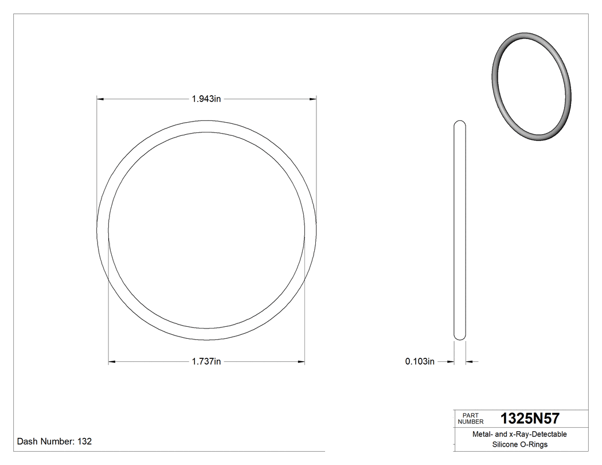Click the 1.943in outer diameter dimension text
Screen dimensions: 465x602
click(206, 99)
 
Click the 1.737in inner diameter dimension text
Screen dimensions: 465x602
click(206, 362)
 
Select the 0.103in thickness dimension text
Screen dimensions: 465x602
click(420, 362)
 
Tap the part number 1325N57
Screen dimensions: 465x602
click(530, 418)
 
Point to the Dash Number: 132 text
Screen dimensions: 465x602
click(54, 441)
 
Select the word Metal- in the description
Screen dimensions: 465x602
click(483, 435)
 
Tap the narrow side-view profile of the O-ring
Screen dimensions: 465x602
click(460, 229)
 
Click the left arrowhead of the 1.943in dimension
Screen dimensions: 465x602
click(100, 99)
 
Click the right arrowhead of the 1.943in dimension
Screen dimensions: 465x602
click(313, 99)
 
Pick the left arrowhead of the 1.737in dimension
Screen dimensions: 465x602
click(112, 362)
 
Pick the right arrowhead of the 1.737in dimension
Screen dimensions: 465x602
click(301, 362)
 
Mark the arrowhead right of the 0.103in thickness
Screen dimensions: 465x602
click(470, 362)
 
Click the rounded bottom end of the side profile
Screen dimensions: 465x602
click(460, 337)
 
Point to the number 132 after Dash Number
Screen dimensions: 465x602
click(84, 441)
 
